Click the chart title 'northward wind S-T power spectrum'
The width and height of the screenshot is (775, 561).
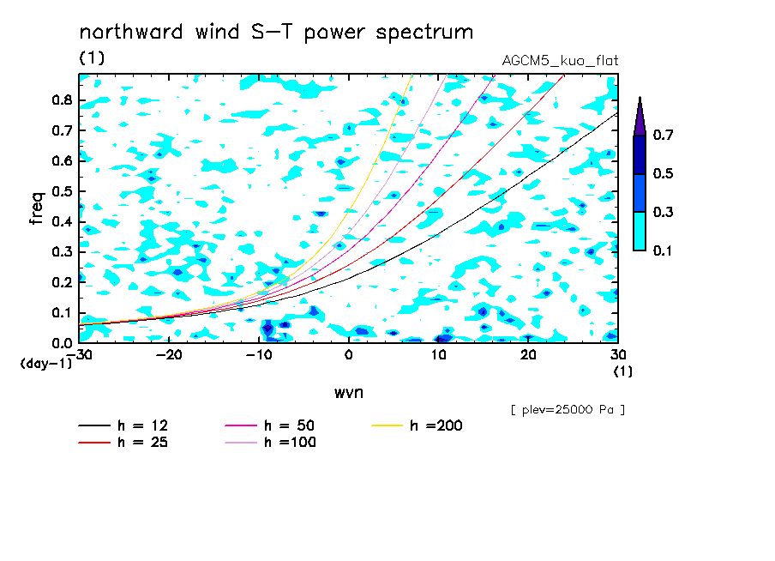point(276,33)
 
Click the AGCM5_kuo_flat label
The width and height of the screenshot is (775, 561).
point(560,61)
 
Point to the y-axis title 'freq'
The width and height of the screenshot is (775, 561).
point(37,208)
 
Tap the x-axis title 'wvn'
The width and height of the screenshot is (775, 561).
point(349,393)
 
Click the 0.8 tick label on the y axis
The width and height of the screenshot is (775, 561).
point(63,100)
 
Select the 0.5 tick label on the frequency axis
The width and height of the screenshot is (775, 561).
point(63,191)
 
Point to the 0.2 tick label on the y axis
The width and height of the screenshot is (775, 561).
point(63,282)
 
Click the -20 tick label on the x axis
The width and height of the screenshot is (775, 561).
point(169,355)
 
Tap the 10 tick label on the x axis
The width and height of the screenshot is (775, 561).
point(438,355)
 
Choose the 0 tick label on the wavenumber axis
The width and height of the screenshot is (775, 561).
point(349,355)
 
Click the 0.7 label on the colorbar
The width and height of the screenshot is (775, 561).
point(663,135)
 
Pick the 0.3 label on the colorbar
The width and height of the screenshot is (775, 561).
point(663,212)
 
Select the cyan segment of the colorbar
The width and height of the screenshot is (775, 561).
point(640,231)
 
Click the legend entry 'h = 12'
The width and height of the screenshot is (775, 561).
point(123,425)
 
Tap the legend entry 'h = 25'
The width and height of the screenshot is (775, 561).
point(123,442)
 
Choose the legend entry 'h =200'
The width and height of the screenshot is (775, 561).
point(418,425)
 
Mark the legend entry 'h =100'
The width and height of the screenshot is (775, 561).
point(270,442)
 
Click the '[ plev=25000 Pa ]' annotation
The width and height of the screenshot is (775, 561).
point(568,410)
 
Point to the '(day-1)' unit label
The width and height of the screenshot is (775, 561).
point(45,364)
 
